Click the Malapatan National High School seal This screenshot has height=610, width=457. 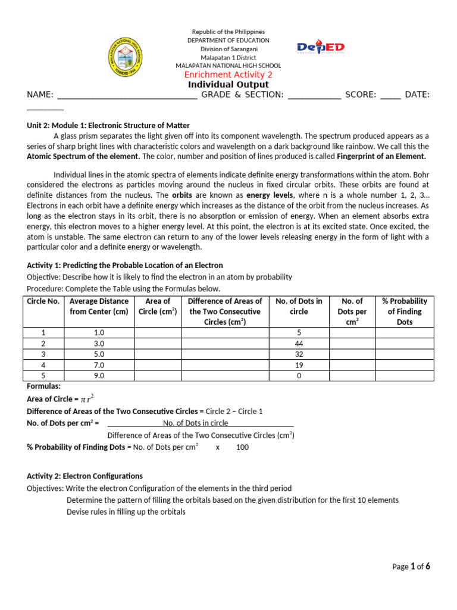126,57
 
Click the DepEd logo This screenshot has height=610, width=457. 321,48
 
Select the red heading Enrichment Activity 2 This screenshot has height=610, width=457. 228,74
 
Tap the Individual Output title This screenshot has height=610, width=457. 228,85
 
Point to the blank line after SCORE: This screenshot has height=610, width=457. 390,95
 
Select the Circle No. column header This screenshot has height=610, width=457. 43,301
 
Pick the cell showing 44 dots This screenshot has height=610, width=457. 299,344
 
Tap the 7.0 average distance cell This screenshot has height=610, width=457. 99,365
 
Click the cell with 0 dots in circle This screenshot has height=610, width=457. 299,376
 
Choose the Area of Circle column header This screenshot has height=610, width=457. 158,306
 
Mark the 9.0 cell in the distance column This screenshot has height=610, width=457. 99,376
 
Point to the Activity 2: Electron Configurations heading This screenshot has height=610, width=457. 85,476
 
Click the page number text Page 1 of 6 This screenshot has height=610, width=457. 411,567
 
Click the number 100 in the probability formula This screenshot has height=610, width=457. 242,447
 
